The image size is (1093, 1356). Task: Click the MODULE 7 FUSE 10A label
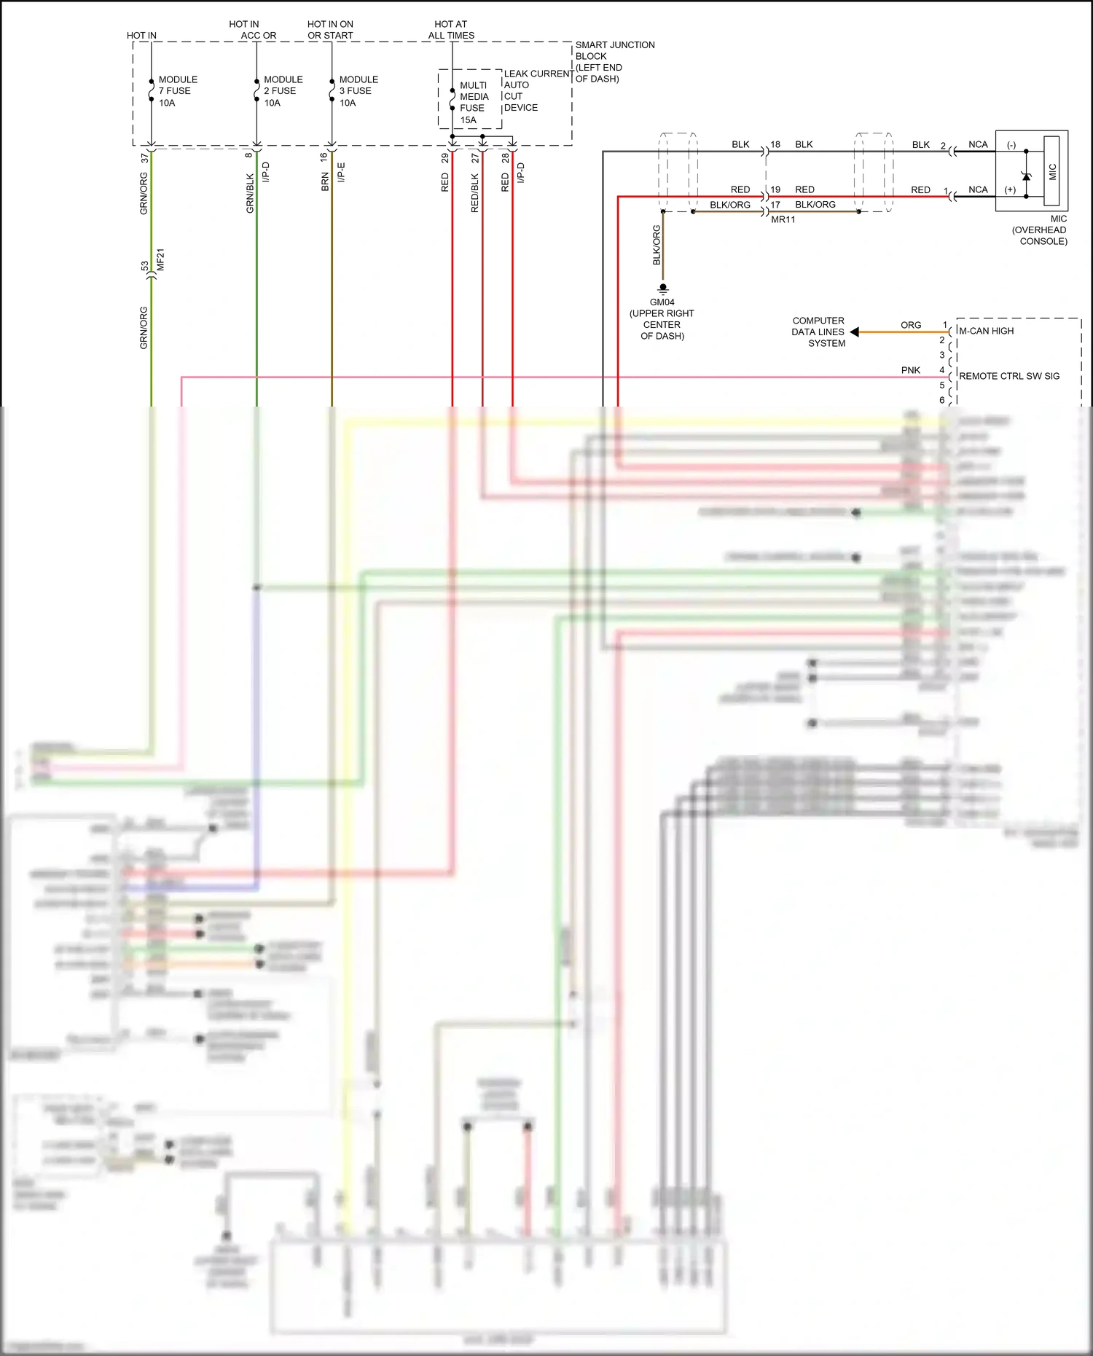[177, 91]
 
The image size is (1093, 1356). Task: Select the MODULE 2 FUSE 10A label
[283, 91]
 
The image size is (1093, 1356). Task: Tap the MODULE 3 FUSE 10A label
[358, 91]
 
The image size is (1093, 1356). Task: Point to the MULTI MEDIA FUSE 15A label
[473, 103]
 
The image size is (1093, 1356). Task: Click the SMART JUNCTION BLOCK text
[614, 61]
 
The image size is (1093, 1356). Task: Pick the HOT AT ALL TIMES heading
[451, 30]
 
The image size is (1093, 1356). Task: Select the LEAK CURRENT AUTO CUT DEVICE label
[537, 90]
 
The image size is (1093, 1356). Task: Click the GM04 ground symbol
[663, 289]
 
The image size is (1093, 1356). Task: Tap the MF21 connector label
[161, 259]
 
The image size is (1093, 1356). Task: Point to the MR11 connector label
[783, 219]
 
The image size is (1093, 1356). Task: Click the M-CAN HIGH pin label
[986, 331]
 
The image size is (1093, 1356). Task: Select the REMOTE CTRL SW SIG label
[1008, 376]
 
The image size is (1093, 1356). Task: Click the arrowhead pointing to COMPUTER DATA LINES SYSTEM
[855, 332]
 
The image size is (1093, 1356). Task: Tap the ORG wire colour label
[910, 325]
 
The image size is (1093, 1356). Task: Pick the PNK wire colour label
[910, 370]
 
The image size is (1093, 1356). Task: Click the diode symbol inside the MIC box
[1027, 176]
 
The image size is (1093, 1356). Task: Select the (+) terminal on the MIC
[1010, 190]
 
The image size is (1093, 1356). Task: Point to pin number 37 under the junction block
[144, 157]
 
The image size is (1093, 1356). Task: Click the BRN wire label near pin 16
[325, 182]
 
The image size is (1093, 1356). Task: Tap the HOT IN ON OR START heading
[330, 30]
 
